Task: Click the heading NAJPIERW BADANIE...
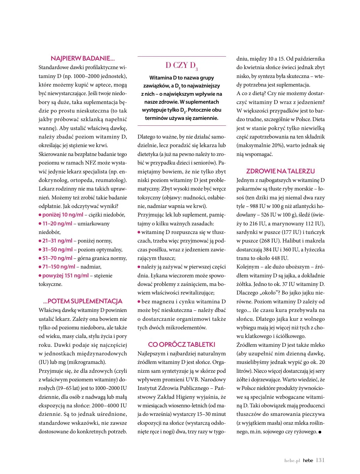(83, 58)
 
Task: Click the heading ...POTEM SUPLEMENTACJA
(83, 301)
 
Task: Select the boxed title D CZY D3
(181, 65)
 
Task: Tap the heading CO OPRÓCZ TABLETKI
(181, 345)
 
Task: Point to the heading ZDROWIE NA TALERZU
(280, 171)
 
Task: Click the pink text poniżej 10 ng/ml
(63, 215)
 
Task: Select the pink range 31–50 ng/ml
(58, 250)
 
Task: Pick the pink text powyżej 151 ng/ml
(65, 276)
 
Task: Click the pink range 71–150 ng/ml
(59, 267)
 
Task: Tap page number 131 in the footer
(320, 460)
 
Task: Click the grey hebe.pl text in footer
(292, 461)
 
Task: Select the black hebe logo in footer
(308, 461)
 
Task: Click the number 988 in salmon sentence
(254, 206)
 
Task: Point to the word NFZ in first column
(90, 163)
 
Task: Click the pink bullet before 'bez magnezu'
(139, 302)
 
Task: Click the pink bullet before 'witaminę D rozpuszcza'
(139, 232)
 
